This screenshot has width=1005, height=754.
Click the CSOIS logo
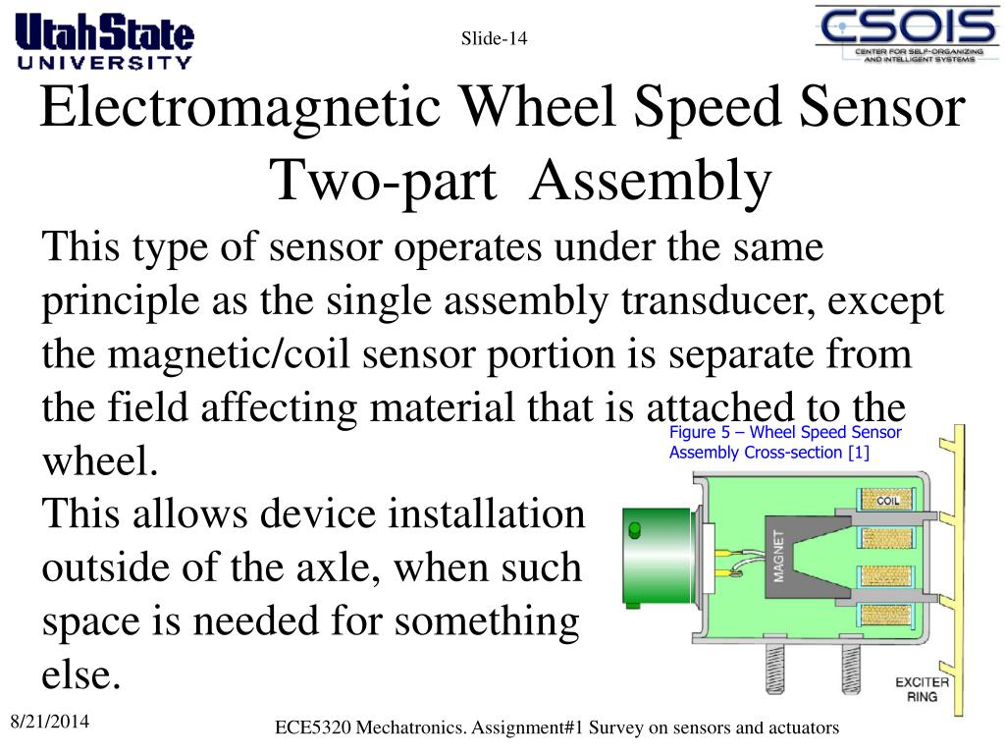click(x=908, y=34)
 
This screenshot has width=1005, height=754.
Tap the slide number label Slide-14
click(x=495, y=39)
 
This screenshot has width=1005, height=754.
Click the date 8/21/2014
click(x=49, y=723)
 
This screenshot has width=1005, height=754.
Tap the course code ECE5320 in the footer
click(x=313, y=727)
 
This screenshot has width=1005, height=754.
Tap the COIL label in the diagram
click(x=887, y=501)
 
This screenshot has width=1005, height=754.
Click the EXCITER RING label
click(x=922, y=689)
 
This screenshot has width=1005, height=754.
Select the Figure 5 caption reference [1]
click(x=859, y=453)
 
